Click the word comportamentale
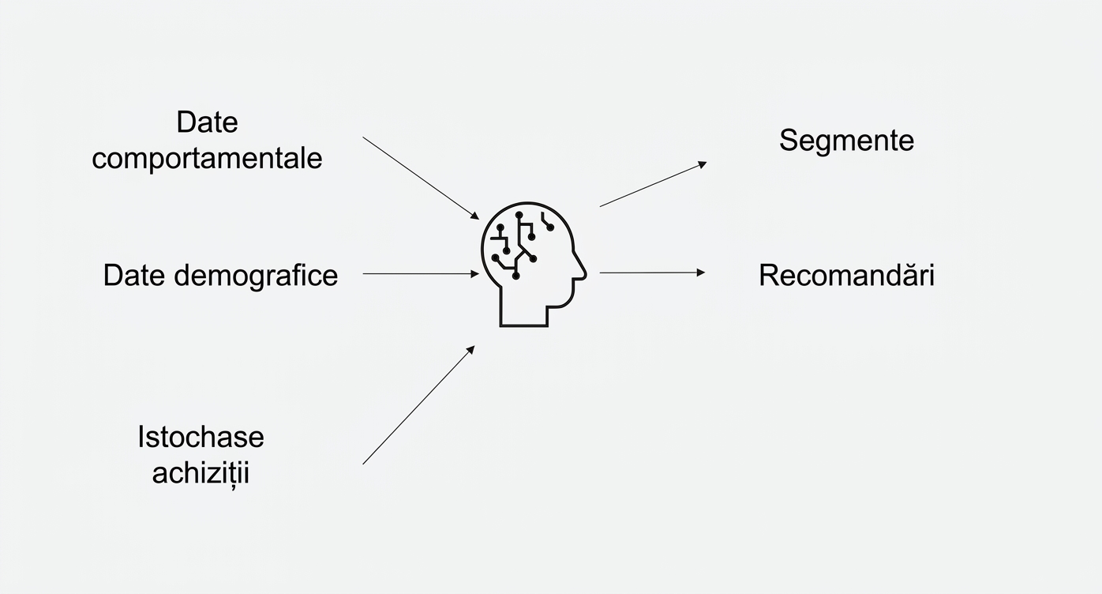pos(207,159)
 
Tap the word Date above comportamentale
pos(207,122)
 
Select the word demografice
pos(256,275)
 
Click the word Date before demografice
pos(134,275)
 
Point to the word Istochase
pos(201,437)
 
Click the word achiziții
pos(201,473)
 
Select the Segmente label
pos(847,141)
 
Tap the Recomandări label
pos(847,275)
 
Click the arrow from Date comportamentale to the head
pos(421,179)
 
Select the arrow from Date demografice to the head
pos(421,273)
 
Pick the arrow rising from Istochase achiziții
pos(418,405)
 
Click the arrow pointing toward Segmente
pos(654,184)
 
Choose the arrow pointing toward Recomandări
pos(652,273)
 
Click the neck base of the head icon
pos(524,325)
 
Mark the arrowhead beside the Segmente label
pos(703,164)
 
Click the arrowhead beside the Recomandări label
pos(701,273)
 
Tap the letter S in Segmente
pos(789,141)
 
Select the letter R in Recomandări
pos(770,275)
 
